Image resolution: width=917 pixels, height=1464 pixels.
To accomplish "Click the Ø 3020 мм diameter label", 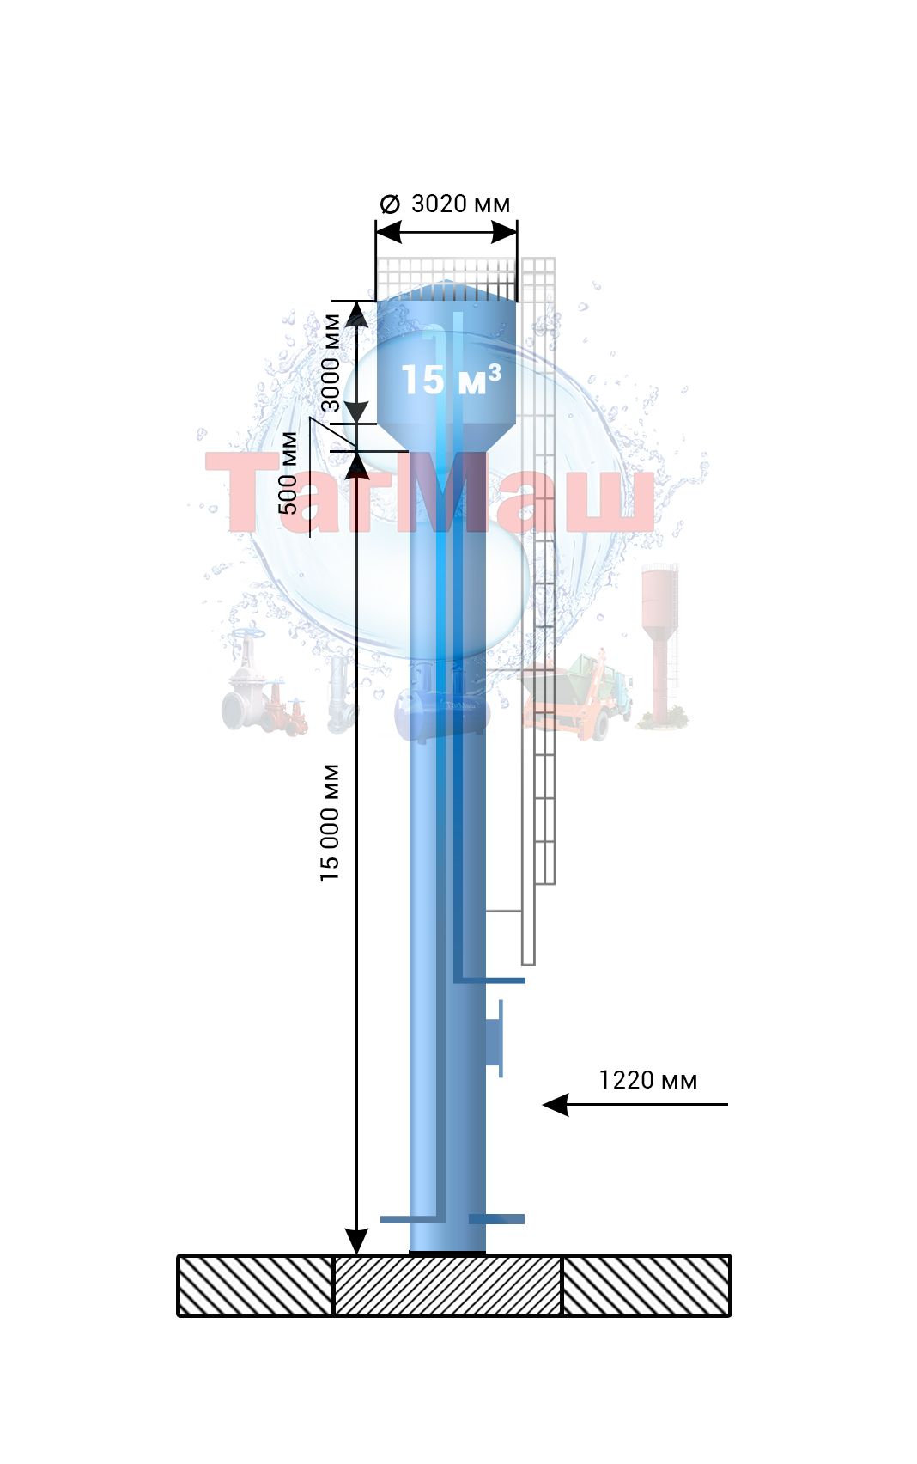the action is [445, 204].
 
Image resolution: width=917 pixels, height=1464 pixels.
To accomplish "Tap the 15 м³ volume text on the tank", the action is [451, 380].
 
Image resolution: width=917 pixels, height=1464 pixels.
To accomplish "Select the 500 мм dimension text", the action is [288, 473].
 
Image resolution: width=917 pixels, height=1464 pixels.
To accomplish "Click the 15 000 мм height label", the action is [330, 823].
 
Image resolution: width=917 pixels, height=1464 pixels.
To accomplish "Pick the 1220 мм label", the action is [648, 1080].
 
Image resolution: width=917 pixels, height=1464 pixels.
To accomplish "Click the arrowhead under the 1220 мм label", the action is [556, 1105].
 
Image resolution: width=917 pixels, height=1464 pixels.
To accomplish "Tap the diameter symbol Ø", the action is [390, 204].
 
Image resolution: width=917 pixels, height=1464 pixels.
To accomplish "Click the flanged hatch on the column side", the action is [495, 1039].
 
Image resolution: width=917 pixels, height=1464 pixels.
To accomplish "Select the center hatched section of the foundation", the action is [447, 1285].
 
